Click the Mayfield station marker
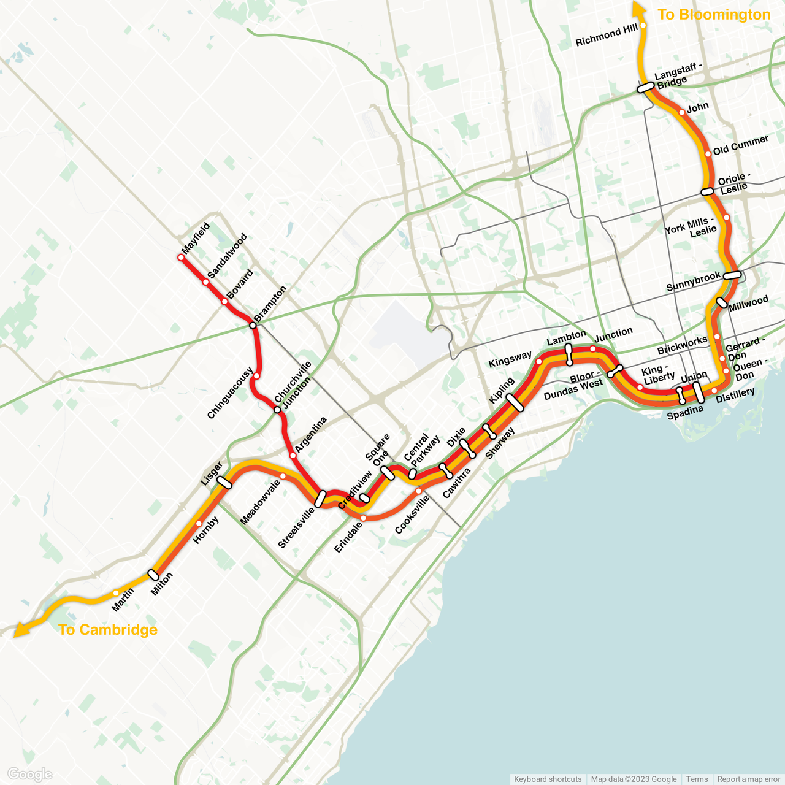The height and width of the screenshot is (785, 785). point(181,258)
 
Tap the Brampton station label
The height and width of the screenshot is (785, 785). point(270,303)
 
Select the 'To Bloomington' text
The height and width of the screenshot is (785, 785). point(713,15)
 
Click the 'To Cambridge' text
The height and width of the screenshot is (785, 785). point(108,630)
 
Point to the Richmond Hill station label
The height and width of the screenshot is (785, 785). point(607,36)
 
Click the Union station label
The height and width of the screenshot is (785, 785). point(694,376)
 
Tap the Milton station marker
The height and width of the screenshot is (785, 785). point(153,575)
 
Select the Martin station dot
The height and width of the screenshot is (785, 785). point(116,593)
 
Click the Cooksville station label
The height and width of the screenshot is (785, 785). point(412,515)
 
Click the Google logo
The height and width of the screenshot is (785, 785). point(29,775)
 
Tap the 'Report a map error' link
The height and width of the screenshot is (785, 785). point(748,779)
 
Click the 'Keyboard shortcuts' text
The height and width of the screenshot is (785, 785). point(548,779)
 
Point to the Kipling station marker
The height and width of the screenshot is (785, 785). point(515,403)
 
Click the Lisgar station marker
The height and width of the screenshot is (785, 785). point(225,483)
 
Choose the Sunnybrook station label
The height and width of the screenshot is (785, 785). point(694,281)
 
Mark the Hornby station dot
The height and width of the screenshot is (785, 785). point(199,524)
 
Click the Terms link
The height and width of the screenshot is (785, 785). point(697,779)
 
